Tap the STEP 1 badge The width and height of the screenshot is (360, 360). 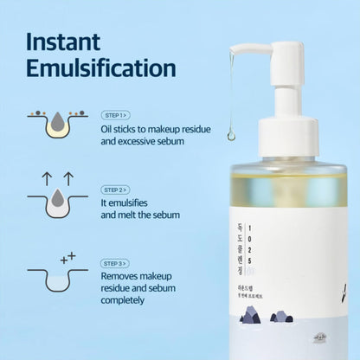coord(116,114)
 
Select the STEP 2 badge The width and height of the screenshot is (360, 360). coord(116,190)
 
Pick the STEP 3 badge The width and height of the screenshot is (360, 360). coord(116,263)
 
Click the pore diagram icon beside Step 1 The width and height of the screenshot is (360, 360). coord(55,124)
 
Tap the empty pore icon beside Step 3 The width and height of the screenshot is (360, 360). coord(55,279)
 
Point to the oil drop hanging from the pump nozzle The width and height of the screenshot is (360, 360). coord(232,134)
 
